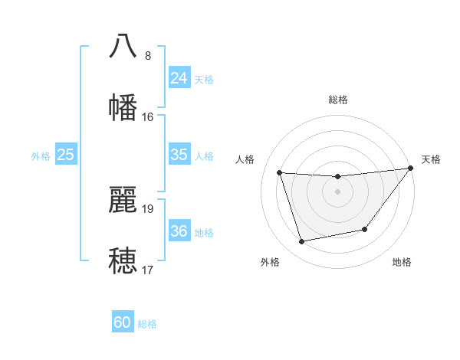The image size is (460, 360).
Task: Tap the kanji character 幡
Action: pos(123,106)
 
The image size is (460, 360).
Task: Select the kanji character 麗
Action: pos(123,199)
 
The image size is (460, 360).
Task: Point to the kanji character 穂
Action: pos(123,260)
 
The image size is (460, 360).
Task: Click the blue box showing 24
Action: pos(179,78)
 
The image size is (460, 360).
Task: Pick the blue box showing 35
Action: pos(179,155)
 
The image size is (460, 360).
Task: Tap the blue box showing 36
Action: pos(179,231)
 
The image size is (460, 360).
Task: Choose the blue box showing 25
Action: pos(66,155)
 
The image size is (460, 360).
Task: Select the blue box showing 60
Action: pos(123,322)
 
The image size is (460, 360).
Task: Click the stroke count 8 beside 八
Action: pos(148,56)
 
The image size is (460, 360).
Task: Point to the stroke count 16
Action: pos(148,117)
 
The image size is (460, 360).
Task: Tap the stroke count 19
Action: pos(148,208)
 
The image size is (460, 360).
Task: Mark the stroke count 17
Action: pos(148,270)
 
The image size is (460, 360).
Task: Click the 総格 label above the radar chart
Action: pos(338,100)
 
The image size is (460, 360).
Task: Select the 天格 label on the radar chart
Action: pos(431,159)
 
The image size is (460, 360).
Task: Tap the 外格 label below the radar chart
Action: pos(270,262)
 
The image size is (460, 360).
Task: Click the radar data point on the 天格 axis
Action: pos(411,169)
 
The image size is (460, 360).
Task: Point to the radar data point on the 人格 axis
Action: pos(280,173)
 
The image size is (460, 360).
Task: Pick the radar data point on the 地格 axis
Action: pos(365,229)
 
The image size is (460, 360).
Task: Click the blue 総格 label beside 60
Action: pos(147,324)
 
